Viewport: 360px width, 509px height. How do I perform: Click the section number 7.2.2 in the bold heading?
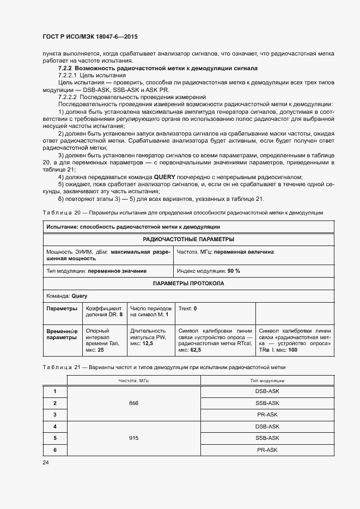[65, 68]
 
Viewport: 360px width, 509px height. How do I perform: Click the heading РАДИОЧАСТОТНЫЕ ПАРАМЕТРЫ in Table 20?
[188, 239]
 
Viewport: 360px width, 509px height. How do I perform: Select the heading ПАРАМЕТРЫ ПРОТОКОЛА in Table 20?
[188, 283]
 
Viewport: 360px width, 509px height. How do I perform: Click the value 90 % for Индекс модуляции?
[234, 270]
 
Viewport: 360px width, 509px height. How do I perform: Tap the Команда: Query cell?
[59, 296]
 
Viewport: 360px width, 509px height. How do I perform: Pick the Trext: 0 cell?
[187, 308]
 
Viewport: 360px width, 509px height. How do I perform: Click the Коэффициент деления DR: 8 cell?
[104, 311]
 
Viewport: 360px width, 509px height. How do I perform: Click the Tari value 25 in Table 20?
[101, 349]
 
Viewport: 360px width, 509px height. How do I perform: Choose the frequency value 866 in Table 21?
[133, 403]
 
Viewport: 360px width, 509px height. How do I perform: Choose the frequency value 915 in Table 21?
[133, 438]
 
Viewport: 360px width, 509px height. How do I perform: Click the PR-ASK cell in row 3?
[267, 414]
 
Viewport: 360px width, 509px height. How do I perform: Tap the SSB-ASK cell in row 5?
[267, 438]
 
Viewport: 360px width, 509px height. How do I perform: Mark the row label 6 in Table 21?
[55, 450]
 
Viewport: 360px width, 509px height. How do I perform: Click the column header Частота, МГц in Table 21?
[133, 381]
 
